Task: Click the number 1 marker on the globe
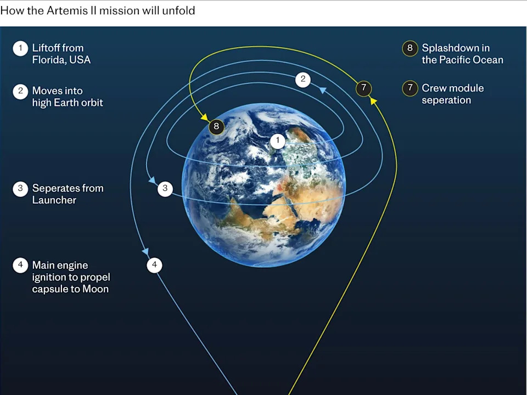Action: point(278,141)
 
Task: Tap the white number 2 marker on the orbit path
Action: point(302,80)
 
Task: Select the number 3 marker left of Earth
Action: point(165,189)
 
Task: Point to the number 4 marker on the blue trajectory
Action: point(154,266)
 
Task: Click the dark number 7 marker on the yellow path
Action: point(363,88)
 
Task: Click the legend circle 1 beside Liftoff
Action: point(20,48)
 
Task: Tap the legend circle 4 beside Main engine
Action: point(20,266)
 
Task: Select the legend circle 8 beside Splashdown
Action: point(410,48)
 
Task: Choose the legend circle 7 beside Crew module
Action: point(410,88)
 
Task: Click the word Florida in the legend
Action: point(49,60)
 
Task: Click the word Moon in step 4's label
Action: point(95,289)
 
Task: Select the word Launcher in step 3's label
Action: point(54,200)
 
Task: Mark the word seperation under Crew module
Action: point(446,100)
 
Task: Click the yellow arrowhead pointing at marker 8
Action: point(204,117)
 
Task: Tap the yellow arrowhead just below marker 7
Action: point(371,100)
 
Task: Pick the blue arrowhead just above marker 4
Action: point(147,252)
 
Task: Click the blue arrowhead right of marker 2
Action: point(323,90)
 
